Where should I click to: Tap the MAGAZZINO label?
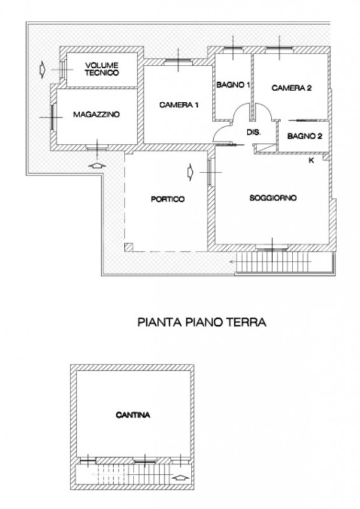point(96,115)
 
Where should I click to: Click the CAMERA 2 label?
point(291,88)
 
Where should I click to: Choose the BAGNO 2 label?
point(305,136)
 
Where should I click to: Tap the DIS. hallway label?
point(253,132)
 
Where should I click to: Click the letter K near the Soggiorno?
point(311,160)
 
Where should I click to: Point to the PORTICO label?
point(168,199)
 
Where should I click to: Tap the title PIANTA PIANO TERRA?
point(202,323)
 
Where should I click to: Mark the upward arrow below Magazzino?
point(96,164)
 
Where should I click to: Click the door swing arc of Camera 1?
point(221,132)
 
